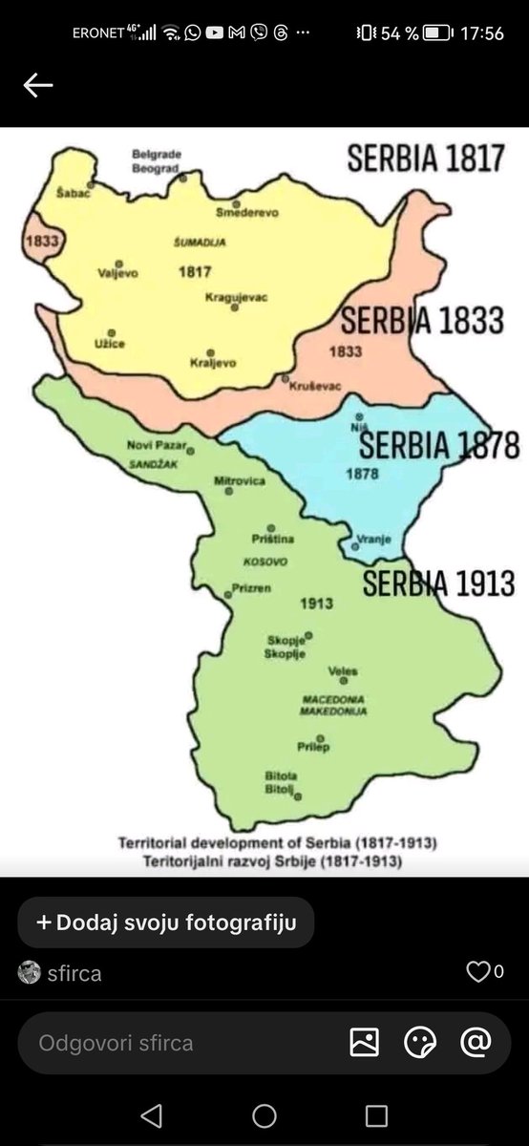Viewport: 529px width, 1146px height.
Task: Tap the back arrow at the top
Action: click(38, 85)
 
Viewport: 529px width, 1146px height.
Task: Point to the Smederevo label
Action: click(246, 212)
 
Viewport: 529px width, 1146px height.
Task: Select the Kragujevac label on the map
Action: click(236, 297)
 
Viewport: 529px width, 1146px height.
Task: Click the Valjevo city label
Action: click(117, 273)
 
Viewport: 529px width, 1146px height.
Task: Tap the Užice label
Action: click(111, 343)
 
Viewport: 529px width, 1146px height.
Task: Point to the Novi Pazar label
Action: click(158, 445)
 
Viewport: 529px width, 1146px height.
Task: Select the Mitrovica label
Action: click(239, 480)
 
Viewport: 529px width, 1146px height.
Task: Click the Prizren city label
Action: click(251, 588)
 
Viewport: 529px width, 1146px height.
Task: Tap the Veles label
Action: click(343, 670)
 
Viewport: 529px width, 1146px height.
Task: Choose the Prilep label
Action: click(312, 748)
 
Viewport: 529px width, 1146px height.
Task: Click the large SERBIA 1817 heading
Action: click(425, 158)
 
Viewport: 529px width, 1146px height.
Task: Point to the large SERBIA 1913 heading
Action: click(438, 583)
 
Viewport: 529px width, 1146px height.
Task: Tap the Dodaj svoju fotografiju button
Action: click(165, 923)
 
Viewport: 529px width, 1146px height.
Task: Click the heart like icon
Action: click(476, 972)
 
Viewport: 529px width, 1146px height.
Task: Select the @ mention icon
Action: click(476, 1042)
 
